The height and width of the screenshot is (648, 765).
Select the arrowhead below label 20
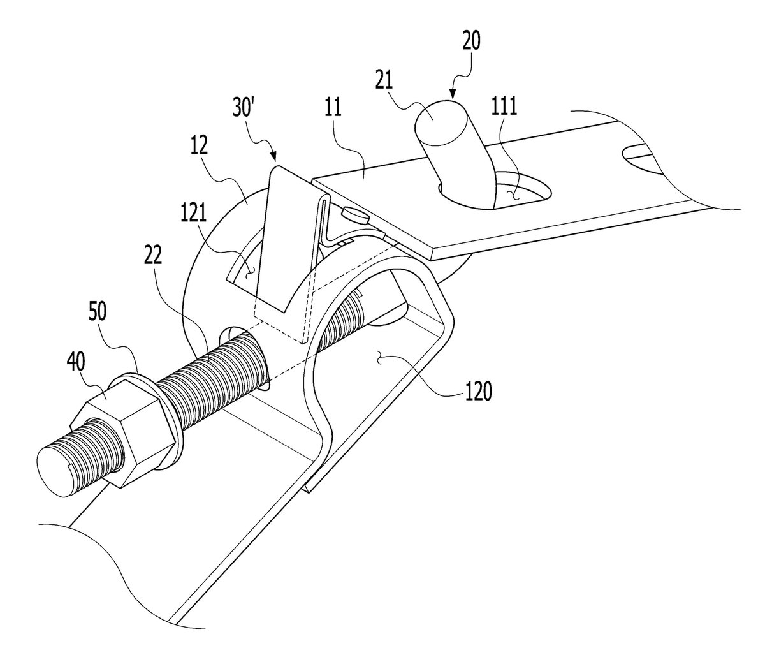tap(453, 96)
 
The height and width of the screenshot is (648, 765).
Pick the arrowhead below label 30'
tap(274, 157)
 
